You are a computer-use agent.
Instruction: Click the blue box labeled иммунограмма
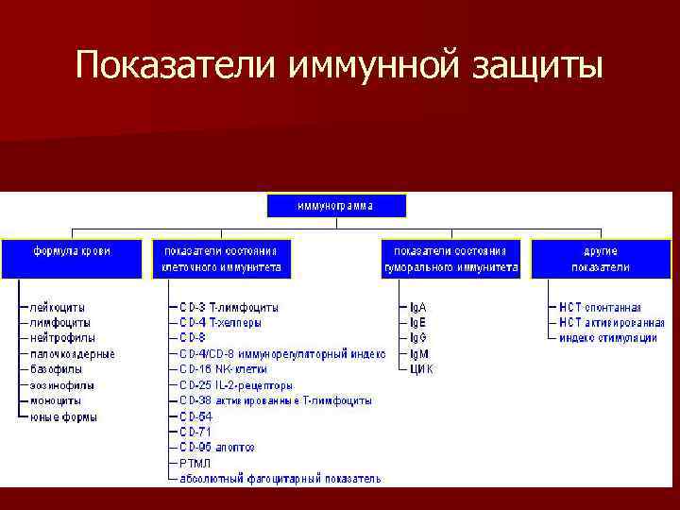pos(336,206)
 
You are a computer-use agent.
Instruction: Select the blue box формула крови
pos(72,258)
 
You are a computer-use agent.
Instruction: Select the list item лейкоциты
pos(58,307)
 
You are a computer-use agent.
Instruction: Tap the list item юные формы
pos(63,416)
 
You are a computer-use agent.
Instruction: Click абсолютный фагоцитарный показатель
pos(280,479)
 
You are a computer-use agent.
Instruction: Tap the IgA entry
pos(417,307)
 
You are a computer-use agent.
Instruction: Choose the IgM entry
pos(418,353)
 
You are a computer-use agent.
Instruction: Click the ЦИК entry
pos(421,369)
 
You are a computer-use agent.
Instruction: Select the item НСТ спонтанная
pos(600,307)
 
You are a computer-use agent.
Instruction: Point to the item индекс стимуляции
pos(608,338)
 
